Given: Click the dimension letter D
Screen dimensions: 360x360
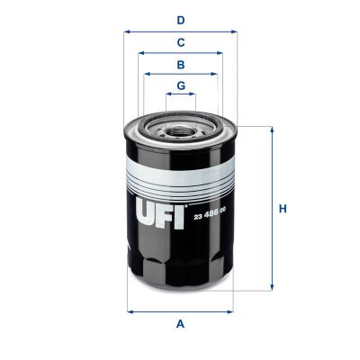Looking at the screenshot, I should pos(181,19).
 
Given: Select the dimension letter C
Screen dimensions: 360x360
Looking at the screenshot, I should pos(181,42).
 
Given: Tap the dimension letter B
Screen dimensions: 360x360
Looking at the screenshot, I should pos(181,65).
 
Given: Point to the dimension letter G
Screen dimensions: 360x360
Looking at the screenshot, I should pos(181,86).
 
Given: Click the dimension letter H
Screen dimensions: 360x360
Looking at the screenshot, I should pos(282,209).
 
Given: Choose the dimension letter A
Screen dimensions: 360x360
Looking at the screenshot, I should pos(181,324).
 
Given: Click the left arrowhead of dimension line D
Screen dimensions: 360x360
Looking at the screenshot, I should pos(127,31).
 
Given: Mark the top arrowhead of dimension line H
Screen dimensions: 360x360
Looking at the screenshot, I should pos(270,130).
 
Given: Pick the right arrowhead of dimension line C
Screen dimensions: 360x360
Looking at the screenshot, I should pos(220,53).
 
